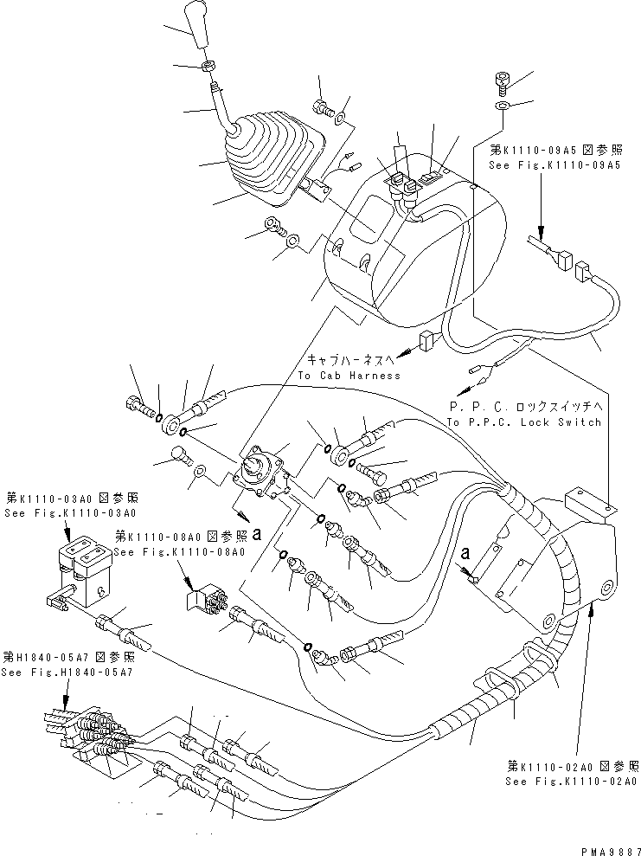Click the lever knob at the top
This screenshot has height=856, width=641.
pos(197,26)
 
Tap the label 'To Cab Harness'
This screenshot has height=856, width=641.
pos(349,375)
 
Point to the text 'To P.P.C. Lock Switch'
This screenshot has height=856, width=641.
pos(523,422)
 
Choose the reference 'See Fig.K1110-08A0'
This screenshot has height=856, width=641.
pos(178,551)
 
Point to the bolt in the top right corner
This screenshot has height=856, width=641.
pos(503,82)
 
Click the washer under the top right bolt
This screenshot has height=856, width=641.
pos(503,106)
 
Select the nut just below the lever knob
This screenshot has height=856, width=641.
pos(208,67)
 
